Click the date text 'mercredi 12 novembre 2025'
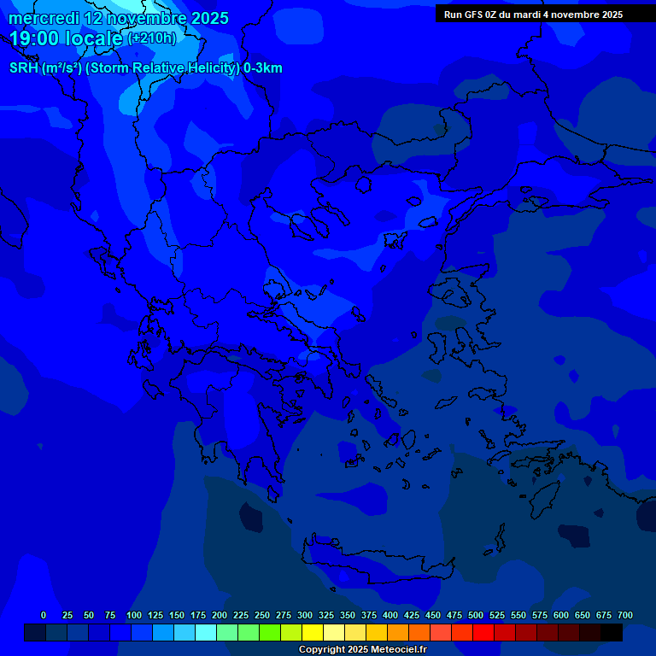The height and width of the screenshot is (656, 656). click(x=118, y=18)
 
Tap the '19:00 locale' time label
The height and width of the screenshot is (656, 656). click(x=67, y=38)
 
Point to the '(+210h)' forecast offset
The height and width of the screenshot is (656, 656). click(x=152, y=38)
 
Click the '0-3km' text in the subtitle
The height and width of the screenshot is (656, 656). click(x=263, y=68)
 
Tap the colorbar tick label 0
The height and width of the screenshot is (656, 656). click(x=44, y=615)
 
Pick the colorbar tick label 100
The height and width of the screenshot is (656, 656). click(x=134, y=615)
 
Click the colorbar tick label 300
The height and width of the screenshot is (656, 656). click(x=305, y=615)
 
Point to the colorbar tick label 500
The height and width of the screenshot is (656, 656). click(x=476, y=615)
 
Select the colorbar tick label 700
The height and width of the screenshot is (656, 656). click(x=625, y=615)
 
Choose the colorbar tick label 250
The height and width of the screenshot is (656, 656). click(x=262, y=615)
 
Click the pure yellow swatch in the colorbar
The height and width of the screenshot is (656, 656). click(x=313, y=633)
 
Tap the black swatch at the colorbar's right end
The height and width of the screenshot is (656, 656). click(x=612, y=633)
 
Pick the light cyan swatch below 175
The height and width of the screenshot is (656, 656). click(x=206, y=633)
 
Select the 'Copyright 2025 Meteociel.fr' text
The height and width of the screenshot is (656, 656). click(x=362, y=650)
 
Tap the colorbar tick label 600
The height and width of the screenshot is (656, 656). click(x=561, y=615)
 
